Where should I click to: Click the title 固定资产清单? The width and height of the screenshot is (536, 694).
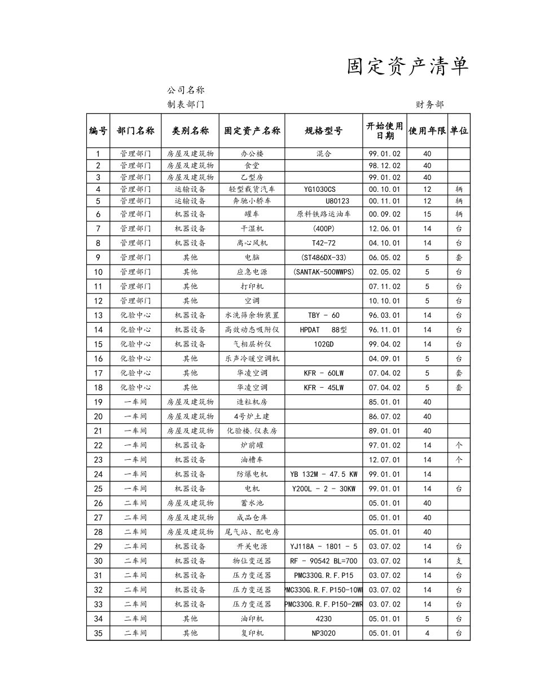click(407, 67)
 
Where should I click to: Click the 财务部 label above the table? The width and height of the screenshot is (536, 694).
click(430, 104)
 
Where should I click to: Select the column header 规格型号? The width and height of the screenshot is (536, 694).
click(323, 131)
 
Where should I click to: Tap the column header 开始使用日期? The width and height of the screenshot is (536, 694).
click(384, 131)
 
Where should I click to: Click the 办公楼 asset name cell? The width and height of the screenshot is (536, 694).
click(252, 153)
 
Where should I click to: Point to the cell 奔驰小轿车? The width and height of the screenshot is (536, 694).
click(252, 201)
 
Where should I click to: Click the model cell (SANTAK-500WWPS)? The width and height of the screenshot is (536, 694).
click(324, 272)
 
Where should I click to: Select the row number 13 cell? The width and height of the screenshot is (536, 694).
click(98, 315)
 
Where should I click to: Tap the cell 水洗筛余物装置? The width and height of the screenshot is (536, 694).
click(252, 315)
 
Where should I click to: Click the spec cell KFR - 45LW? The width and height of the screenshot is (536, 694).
click(323, 388)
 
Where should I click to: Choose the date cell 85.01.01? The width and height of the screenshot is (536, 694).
click(384, 402)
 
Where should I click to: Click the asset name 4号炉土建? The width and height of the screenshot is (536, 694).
click(252, 416)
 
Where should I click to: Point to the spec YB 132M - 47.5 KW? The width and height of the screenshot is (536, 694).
click(323, 475)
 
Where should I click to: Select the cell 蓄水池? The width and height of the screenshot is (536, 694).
click(252, 503)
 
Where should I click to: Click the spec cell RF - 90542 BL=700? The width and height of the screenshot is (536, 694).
click(323, 561)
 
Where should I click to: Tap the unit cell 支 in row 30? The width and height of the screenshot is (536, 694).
click(459, 561)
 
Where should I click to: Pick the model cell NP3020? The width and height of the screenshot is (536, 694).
click(323, 633)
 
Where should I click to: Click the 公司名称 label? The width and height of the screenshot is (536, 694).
click(185, 90)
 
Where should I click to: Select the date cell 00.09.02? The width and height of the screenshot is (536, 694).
click(384, 214)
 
